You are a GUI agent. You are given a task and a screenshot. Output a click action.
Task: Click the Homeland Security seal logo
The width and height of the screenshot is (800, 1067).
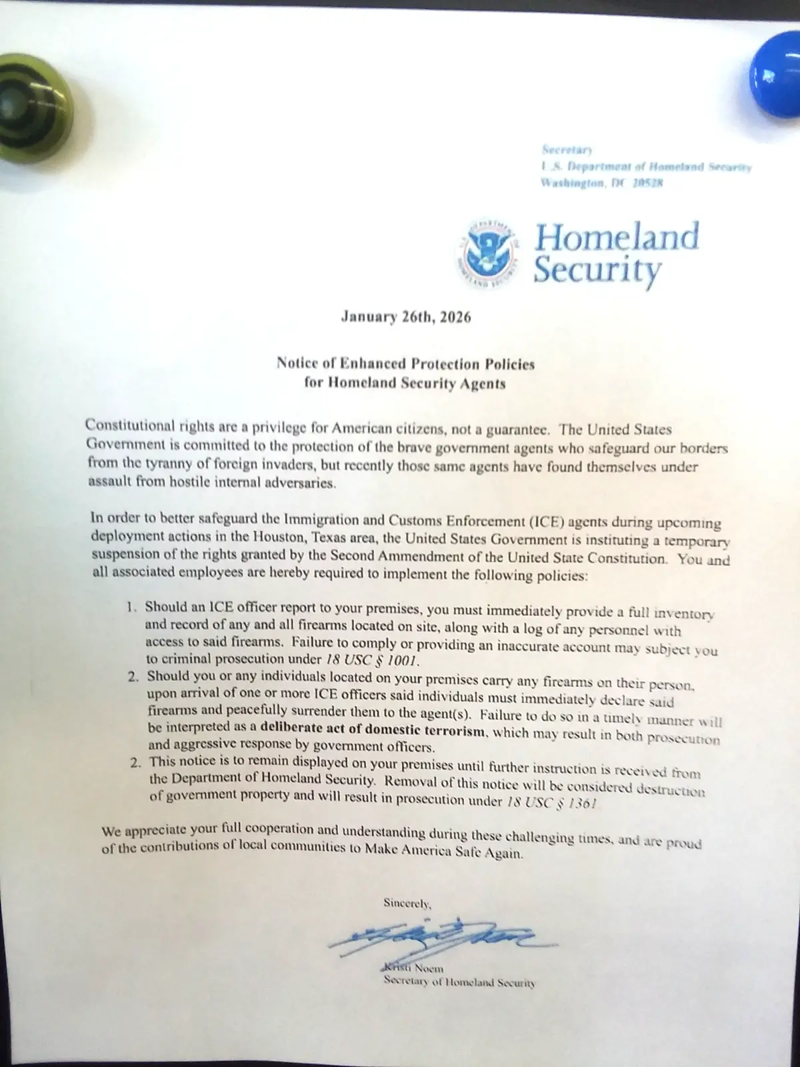coord(489,251)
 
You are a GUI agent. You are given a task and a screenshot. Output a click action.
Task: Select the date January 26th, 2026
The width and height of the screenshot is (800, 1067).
coord(405,317)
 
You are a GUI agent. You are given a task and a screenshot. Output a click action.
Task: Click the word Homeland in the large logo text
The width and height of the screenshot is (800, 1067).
coord(617,237)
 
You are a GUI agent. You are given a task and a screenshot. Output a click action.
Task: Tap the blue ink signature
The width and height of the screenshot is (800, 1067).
coord(440,937)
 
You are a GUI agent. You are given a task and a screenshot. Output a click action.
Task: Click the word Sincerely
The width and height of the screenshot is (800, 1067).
coord(407,904)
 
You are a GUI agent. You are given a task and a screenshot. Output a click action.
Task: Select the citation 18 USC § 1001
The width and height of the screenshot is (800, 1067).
coord(372,660)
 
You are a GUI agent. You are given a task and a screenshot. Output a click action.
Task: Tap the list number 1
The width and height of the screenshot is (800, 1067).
coord(132,607)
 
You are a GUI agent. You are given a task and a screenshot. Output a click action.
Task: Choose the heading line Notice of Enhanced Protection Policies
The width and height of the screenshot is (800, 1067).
coord(405,364)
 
